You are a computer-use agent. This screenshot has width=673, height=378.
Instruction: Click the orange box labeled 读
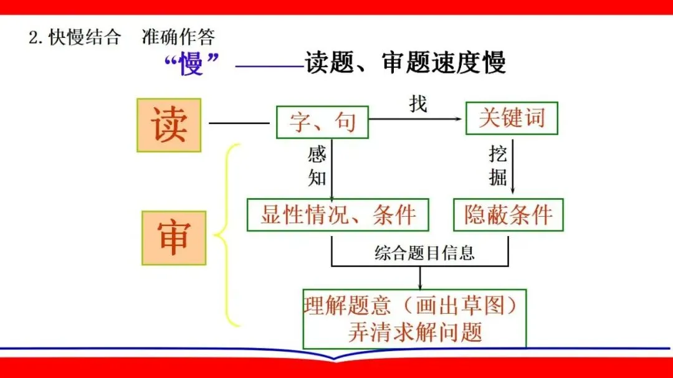tap(169, 125)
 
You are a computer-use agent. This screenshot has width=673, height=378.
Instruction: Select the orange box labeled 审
tap(173, 238)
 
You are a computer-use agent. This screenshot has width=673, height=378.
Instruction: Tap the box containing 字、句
tap(322, 121)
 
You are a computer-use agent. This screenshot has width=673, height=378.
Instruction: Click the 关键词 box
tap(511, 118)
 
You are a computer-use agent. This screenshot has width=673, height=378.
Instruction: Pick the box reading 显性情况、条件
tap(338, 215)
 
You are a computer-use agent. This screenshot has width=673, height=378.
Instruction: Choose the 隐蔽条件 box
tap(508, 215)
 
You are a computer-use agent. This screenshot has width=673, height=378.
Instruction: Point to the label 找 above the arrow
tap(418, 103)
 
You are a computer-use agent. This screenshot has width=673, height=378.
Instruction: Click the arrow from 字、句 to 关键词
tap(418, 119)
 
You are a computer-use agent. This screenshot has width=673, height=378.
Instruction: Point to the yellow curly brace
tap(227, 235)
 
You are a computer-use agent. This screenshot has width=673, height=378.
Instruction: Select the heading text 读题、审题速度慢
tap(405, 62)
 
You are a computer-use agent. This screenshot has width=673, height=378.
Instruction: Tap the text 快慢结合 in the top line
tap(84, 37)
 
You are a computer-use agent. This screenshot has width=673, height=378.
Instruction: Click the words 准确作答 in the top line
tap(178, 37)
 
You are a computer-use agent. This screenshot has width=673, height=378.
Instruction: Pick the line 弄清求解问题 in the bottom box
tap(415, 332)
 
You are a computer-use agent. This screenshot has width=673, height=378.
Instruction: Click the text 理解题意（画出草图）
tap(415, 305)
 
